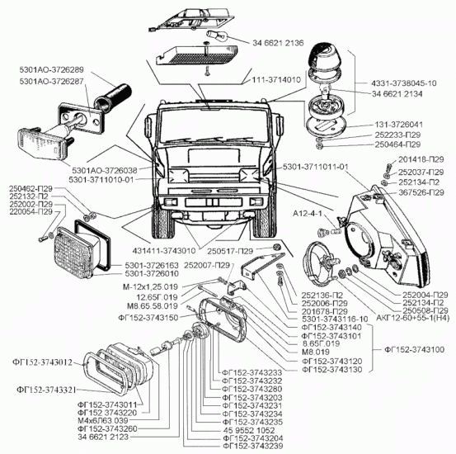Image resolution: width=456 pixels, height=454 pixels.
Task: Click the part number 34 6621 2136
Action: pos(278,43)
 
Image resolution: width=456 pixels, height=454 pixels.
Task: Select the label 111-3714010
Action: pos(276,80)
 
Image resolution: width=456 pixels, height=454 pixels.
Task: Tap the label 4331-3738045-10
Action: pos(404,83)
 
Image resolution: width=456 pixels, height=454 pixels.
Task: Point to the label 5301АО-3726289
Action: pos(51,70)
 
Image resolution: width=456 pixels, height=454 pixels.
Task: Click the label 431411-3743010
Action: pos(164,251)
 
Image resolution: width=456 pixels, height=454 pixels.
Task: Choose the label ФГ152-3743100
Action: pos(415,349)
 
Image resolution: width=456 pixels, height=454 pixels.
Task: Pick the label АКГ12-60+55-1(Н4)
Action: pos(413,318)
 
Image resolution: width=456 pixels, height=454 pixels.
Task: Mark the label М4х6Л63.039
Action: pos(102,420)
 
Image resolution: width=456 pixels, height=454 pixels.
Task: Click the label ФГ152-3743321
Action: pos(46,390)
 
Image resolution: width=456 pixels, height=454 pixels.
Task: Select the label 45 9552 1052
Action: pos(249,430)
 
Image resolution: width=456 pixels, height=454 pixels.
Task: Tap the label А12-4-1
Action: pos(307,214)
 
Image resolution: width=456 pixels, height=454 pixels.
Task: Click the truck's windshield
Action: pos(214,125)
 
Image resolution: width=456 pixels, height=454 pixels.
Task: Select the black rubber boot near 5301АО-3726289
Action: pos(113,98)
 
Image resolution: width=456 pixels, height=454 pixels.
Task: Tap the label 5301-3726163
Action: pos(152,266)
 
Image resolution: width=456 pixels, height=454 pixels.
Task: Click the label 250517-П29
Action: pos(230,251)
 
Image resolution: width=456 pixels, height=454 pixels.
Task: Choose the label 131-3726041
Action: pos(399,125)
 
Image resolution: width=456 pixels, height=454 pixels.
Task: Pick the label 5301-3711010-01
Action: pos(101,180)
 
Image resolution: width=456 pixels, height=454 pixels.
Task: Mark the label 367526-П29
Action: pos(421,192)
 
